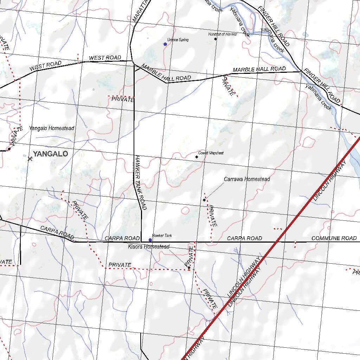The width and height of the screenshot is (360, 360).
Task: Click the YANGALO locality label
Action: pos(51,154)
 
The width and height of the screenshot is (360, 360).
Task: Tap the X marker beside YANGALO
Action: pos(30,159)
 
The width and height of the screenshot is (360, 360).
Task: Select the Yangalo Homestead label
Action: pos(52,128)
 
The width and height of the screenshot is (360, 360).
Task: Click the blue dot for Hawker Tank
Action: pos(150,240)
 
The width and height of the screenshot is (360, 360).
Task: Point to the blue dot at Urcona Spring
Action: pos(165,44)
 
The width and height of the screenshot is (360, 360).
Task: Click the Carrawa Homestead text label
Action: pos(247,179)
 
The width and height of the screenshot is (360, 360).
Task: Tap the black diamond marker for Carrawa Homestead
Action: pos(204,200)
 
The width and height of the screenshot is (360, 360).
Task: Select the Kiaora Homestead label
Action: pos(149,247)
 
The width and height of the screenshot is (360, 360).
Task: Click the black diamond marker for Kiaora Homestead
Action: pos(189,268)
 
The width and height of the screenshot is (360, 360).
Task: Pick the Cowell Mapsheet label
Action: pos(211,153)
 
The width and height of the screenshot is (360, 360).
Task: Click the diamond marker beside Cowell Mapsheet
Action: pos(197,157)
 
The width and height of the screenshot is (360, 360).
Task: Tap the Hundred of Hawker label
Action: pos(223,34)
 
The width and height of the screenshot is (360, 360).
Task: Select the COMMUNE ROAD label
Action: pos(334,238)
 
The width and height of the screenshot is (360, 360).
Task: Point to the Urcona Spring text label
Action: pos(178,40)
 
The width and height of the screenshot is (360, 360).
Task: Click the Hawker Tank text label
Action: pos(162,236)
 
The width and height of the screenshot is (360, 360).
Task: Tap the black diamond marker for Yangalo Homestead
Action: pos(9,149)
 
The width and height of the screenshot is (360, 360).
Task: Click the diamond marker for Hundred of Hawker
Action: pos(216,39)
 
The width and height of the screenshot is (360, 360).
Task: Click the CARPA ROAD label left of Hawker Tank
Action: pos(122,238)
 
